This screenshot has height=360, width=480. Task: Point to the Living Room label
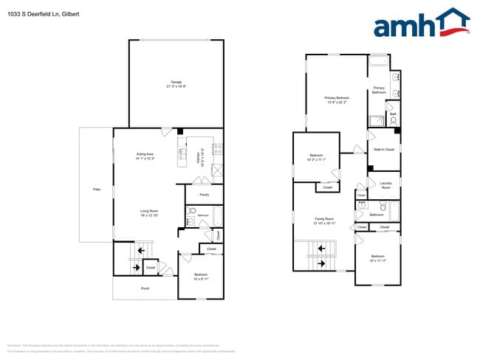tap(150, 212)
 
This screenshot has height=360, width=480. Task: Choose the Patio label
tap(96, 190)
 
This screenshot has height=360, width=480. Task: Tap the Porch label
tap(145, 288)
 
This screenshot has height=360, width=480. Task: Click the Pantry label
tap(204, 195)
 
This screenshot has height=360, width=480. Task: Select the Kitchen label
tap(198, 156)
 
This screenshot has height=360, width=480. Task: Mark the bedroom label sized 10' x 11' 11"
tap(377, 259)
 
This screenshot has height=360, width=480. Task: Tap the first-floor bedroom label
tap(200, 277)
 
